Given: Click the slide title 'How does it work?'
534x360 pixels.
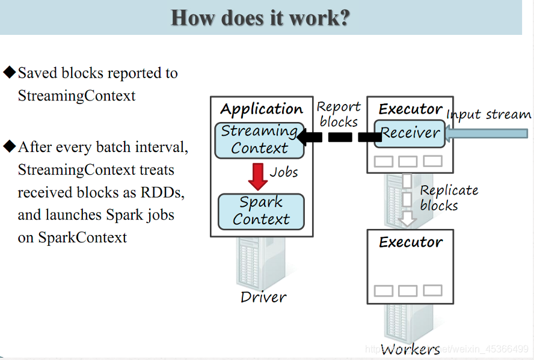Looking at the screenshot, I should click(260, 17).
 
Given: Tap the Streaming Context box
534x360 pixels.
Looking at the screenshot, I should click(260, 139).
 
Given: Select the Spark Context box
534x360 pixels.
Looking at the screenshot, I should click(261, 211).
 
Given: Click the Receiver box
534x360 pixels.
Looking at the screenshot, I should click(410, 132).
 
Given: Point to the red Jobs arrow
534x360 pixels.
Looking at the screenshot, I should click(258, 176).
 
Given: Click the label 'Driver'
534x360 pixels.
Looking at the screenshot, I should click(263, 297).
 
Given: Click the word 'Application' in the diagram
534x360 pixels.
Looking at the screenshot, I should click(261, 109).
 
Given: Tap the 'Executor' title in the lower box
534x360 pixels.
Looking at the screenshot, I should click(411, 242).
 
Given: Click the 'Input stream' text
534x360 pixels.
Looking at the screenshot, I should click(488, 114).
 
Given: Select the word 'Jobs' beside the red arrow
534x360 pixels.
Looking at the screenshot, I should click(284, 172).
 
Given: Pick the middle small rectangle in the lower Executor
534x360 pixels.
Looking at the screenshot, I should click(408, 291).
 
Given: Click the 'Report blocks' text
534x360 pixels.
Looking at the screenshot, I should click(339, 114).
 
